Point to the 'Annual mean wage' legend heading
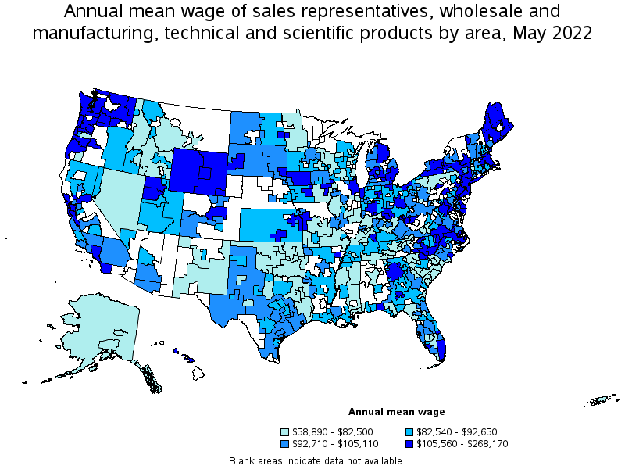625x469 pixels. coord(396,412)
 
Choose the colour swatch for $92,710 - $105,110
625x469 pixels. coord(287,443)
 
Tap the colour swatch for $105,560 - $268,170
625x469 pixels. coord(410,443)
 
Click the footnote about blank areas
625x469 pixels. coord(317,460)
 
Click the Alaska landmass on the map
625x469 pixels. coord(102,328)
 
